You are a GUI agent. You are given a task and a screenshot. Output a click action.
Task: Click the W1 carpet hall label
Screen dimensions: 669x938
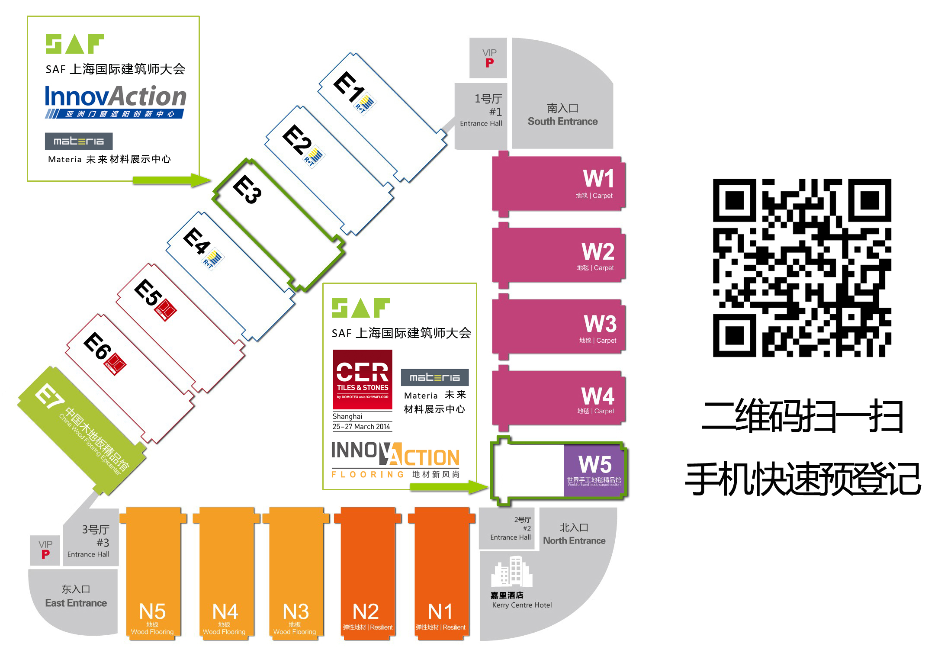598,179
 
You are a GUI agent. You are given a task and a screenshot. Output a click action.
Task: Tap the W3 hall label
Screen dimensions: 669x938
600,324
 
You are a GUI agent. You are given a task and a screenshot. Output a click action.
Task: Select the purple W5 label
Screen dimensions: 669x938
595,465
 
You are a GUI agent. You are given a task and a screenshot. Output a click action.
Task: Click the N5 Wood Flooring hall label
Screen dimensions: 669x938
152,612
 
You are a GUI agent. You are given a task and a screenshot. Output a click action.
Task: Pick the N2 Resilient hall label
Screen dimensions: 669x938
366,612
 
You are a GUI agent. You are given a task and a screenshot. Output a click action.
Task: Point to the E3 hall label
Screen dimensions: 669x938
247,189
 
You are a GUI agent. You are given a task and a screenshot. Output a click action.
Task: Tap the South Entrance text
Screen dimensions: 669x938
562,122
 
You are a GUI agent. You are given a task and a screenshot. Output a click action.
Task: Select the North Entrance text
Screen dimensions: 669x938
574,541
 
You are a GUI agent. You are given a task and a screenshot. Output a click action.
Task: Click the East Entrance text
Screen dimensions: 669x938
76,603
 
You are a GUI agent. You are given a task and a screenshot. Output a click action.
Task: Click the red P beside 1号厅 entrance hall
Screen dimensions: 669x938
489,63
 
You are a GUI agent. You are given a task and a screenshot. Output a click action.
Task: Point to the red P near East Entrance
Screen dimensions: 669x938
45,554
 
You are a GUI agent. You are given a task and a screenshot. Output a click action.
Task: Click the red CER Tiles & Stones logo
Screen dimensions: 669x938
363,380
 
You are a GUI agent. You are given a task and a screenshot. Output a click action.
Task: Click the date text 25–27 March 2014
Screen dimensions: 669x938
361,427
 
